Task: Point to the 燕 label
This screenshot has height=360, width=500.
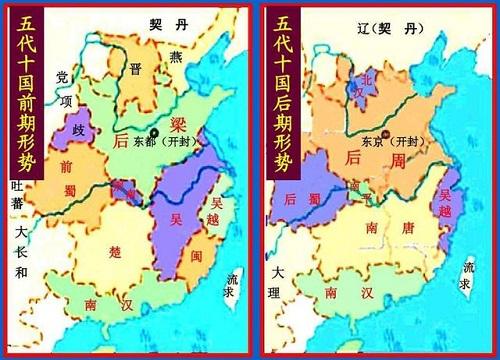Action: (x=176, y=57)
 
